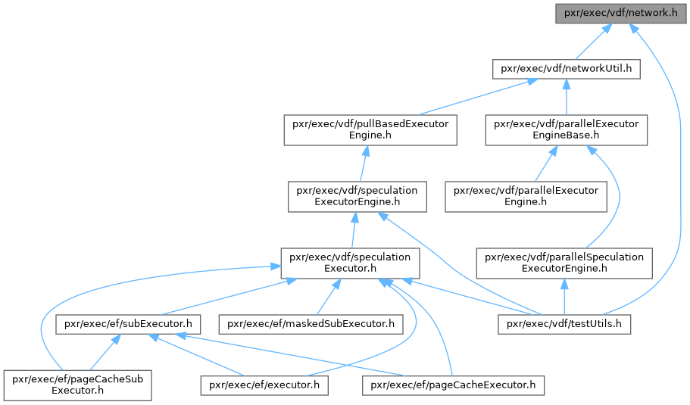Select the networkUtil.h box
(567, 69)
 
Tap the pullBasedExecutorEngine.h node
(370, 129)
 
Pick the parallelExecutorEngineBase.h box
(567, 129)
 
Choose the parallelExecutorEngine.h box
(526, 195)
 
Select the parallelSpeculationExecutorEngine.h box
(564, 262)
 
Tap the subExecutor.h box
(127, 324)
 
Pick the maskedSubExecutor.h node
(311, 324)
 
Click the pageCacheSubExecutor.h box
(77, 385)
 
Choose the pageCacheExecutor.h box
(453, 385)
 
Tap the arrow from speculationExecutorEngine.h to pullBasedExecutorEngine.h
(363, 163)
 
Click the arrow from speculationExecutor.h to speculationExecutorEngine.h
(351, 229)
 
